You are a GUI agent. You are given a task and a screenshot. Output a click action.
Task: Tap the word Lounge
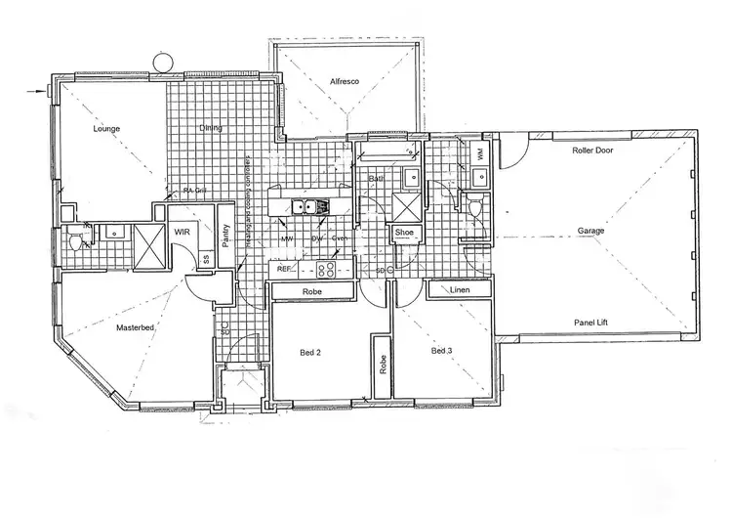coord(105,128)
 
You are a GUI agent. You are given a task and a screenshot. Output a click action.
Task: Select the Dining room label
coord(210,128)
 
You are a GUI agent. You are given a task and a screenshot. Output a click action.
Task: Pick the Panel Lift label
coord(591,319)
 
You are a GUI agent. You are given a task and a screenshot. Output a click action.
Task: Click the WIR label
coord(182,233)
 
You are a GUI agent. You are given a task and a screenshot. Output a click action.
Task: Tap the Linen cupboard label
coord(462,290)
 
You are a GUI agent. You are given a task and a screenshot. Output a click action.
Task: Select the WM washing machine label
coord(481,153)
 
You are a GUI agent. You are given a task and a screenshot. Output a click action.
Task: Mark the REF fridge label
coord(285,268)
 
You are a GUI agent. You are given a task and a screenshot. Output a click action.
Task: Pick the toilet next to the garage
coord(472,207)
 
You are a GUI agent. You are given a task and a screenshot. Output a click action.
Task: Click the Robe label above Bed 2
coord(312,291)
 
